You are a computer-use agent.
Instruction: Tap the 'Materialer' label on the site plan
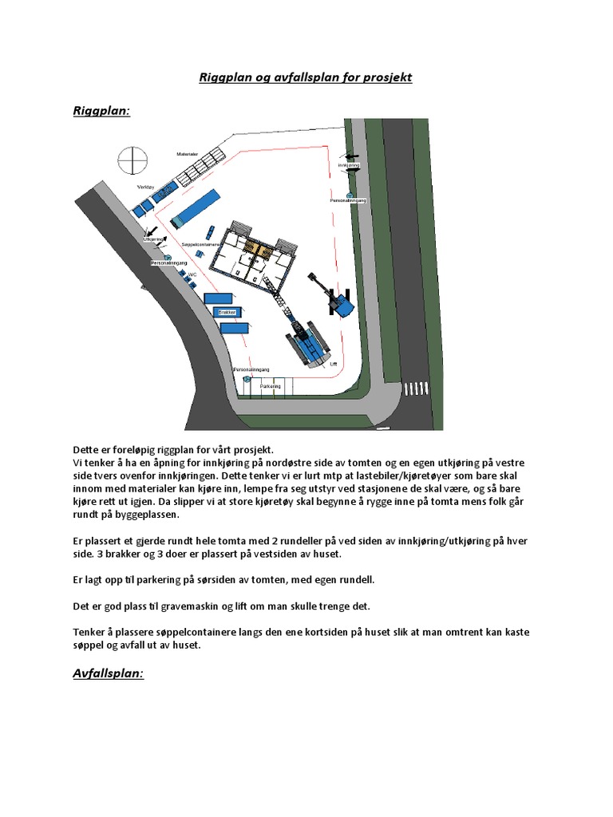tap(187, 153)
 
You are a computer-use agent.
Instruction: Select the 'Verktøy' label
tap(145, 187)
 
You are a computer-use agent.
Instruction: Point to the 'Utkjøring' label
tap(153, 239)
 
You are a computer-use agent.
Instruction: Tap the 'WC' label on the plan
tap(192, 274)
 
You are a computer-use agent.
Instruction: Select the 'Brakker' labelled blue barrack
tap(227, 313)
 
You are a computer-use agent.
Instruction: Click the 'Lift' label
tap(334, 363)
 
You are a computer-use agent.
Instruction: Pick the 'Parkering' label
tap(271, 385)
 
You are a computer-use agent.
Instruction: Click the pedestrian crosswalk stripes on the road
tap(416, 389)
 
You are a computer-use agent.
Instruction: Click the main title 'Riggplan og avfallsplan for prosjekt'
tap(306, 78)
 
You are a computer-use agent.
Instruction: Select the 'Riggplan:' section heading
tap(101, 111)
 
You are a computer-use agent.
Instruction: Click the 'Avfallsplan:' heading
tap(109, 673)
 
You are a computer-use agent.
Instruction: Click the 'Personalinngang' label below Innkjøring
tap(348, 201)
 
